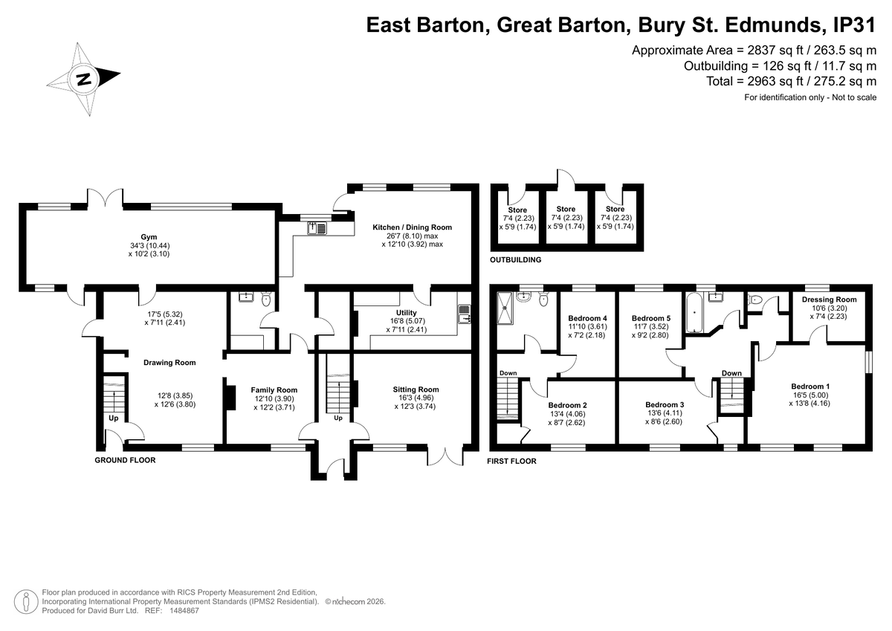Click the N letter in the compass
[x=84, y=80]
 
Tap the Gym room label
[x=149, y=237]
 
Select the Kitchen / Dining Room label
[x=412, y=227]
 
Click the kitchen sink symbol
[x=317, y=228]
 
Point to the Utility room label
[x=406, y=312]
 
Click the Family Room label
[x=274, y=390]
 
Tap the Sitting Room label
[x=416, y=389]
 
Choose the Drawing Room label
[x=169, y=363]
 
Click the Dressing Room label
[x=829, y=300]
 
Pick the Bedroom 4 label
[x=587, y=318]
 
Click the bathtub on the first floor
[x=694, y=312]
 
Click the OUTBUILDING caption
[x=515, y=260]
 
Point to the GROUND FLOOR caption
[x=125, y=460]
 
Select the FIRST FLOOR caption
[x=511, y=461]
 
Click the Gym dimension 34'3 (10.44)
[x=149, y=245]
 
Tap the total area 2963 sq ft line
[x=791, y=81]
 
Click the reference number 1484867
[x=184, y=611]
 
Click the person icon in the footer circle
[x=26, y=601]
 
